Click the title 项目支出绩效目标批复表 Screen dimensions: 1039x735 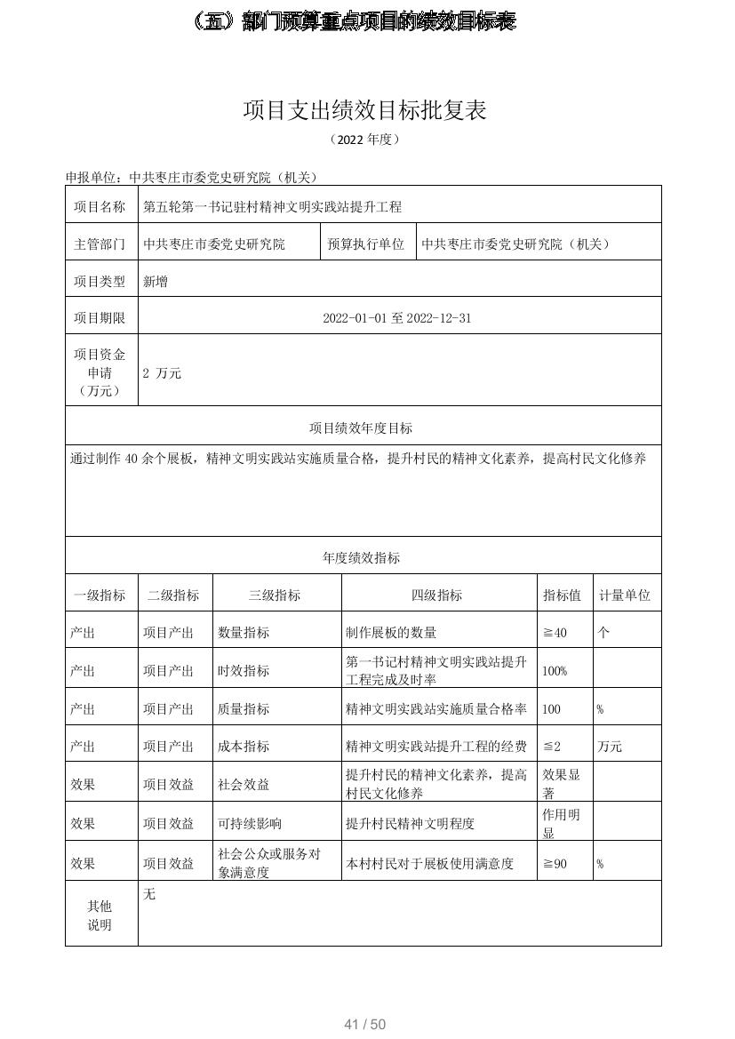click(365, 110)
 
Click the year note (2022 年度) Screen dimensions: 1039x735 click(365, 140)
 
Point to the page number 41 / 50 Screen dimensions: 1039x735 click(365, 1025)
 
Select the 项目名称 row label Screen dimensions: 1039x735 click(100, 207)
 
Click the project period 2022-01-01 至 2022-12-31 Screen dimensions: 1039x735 click(396, 318)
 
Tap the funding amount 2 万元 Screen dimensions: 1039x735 click(162, 373)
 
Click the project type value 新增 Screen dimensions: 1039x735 click(156, 282)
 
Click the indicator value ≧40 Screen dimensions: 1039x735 click(555, 633)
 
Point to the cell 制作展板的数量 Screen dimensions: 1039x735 click(391, 633)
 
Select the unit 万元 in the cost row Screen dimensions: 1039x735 click(610, 747)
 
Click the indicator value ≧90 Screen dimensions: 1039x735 click(555, 863)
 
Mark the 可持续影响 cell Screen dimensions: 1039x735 click(250, 824)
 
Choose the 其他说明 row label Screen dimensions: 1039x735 click(100, 915)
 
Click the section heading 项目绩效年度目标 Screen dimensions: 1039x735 click(361, 428)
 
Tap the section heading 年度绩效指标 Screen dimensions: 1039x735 click(361, 558)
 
